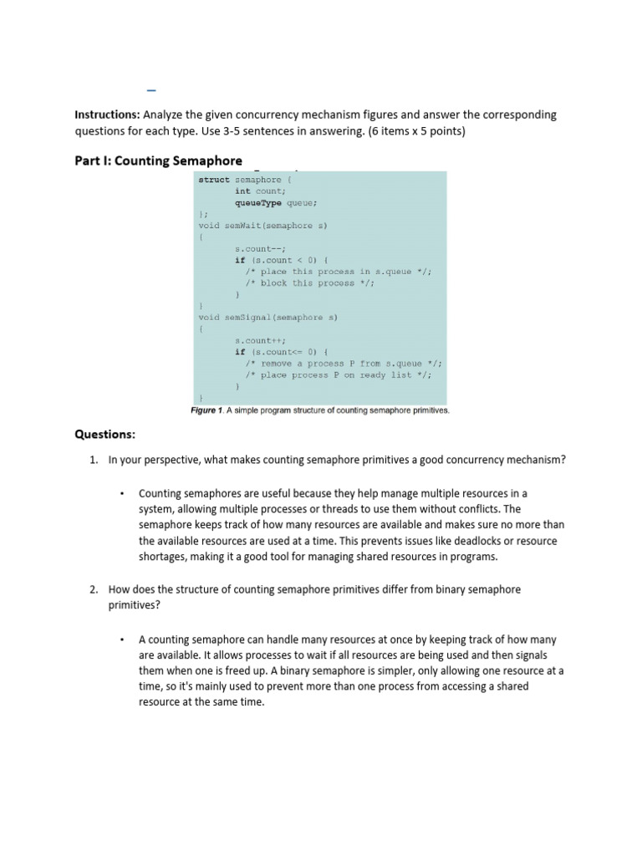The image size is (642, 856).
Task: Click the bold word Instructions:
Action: [x=108, y=115]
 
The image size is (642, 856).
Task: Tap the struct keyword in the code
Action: [x=213, y=180]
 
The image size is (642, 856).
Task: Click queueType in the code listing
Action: [x=258, y=202]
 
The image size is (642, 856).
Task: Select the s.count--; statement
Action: [x=260, y=248]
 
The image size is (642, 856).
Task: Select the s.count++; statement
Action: [x=260, y=340]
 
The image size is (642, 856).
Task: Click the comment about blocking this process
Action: [x=309, y=283]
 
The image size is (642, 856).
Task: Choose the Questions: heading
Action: [x=104, y=435]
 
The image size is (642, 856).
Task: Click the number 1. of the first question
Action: [x=94, y=460]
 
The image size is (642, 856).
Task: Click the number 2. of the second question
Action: [x=94, y=589]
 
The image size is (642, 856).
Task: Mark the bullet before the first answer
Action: [x=122, y=493]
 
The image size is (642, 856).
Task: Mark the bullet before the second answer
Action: [x=122, y=640]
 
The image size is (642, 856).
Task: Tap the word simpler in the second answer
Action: [x=429, y=671]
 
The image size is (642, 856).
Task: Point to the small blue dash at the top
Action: [x=151, y=89]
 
